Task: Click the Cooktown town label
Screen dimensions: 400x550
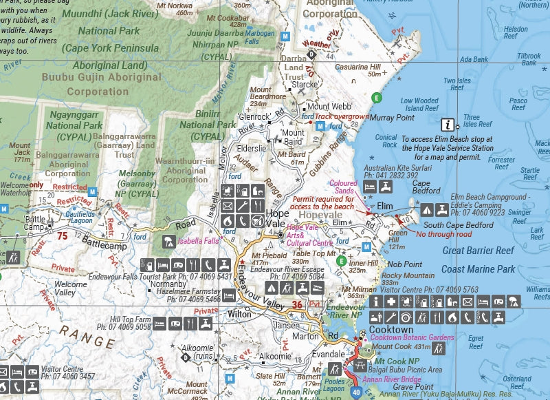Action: (390, 329)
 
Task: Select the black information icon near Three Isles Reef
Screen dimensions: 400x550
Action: (449, 125)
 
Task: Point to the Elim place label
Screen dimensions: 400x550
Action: (384, 206)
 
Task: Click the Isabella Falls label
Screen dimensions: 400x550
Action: (199, 242)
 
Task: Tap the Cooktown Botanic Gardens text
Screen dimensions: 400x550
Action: (412, 338)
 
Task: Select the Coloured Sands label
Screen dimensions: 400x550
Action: (344, 187)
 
